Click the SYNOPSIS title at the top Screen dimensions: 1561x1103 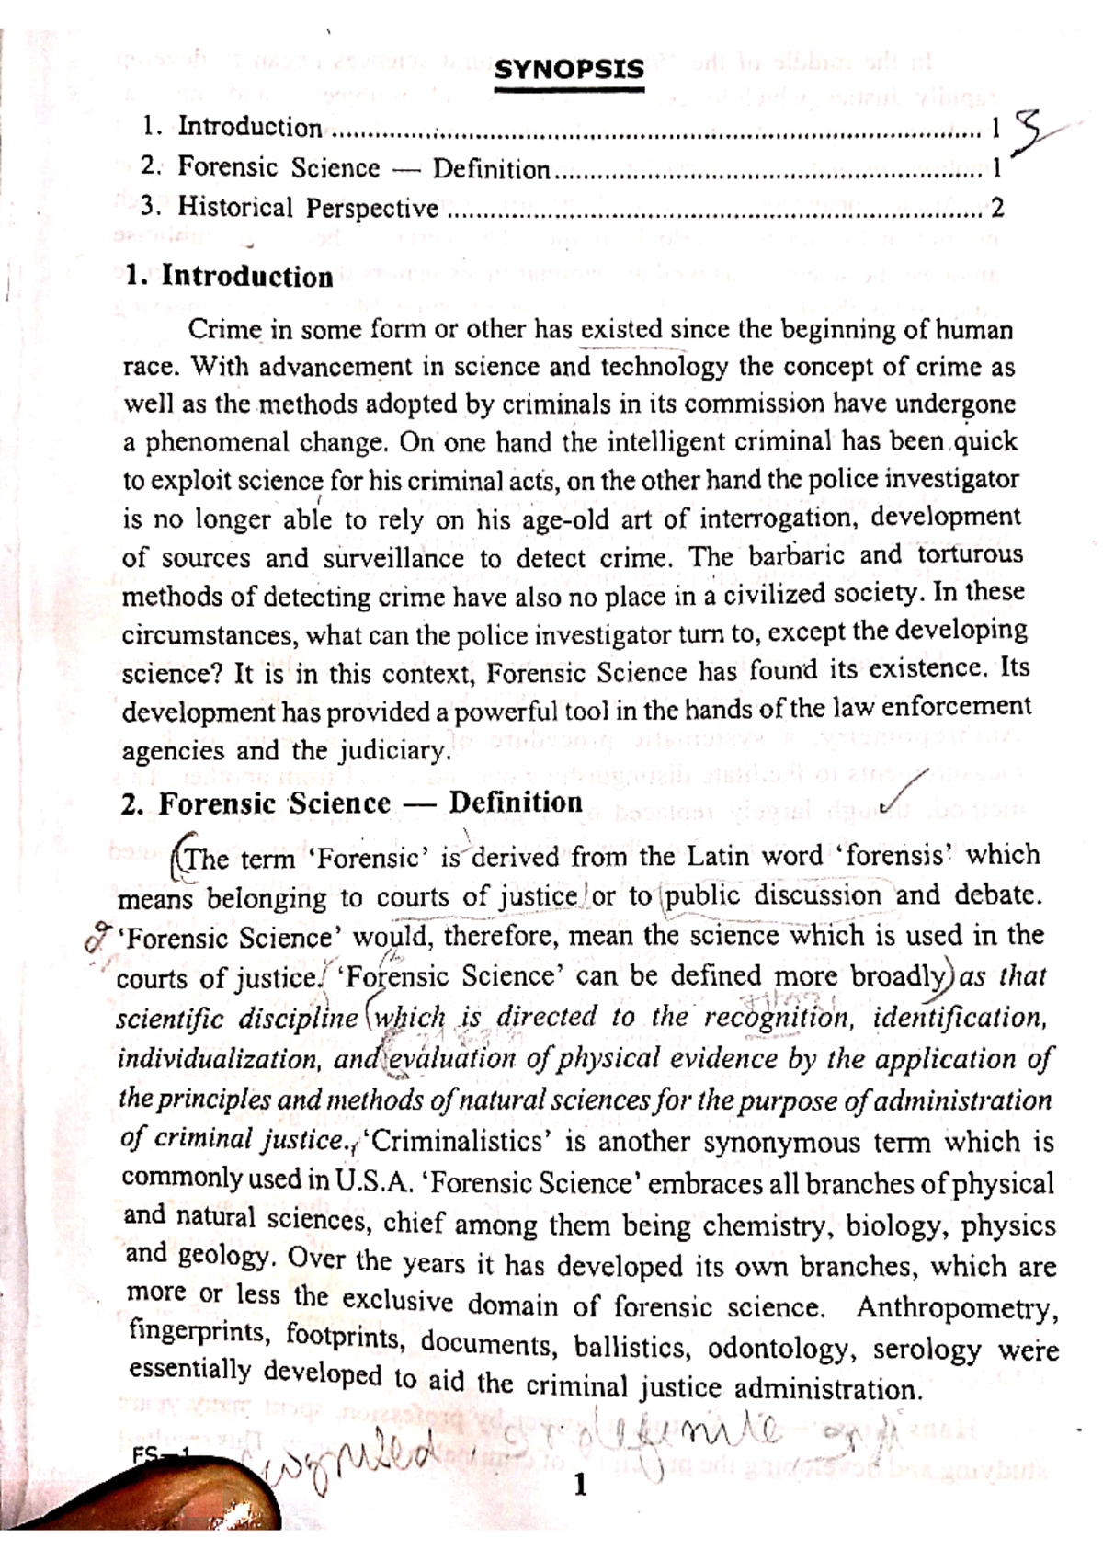pos(569,70)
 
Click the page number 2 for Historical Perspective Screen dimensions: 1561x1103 pos(996,209)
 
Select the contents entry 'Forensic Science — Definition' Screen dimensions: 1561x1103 pos(363,168)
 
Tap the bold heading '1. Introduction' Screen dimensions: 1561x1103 pos(229,277)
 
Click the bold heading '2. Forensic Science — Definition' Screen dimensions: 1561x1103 pos(351,803)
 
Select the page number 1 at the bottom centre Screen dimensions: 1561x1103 pos(579,1485)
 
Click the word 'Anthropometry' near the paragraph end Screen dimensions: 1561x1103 pos(956,1308)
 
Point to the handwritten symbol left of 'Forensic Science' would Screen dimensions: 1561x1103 pos(97,938)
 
